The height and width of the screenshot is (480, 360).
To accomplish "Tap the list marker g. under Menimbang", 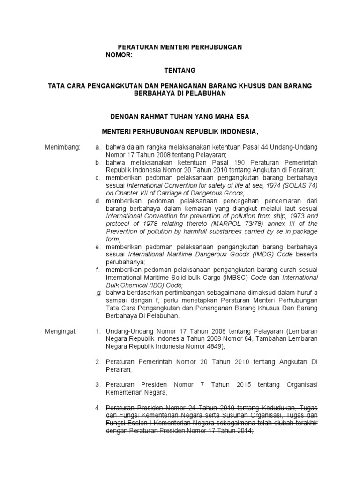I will coord(99,292).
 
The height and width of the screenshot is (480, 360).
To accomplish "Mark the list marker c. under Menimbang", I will coord(98,178).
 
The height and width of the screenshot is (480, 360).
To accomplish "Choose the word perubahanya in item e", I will coord(125,262).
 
